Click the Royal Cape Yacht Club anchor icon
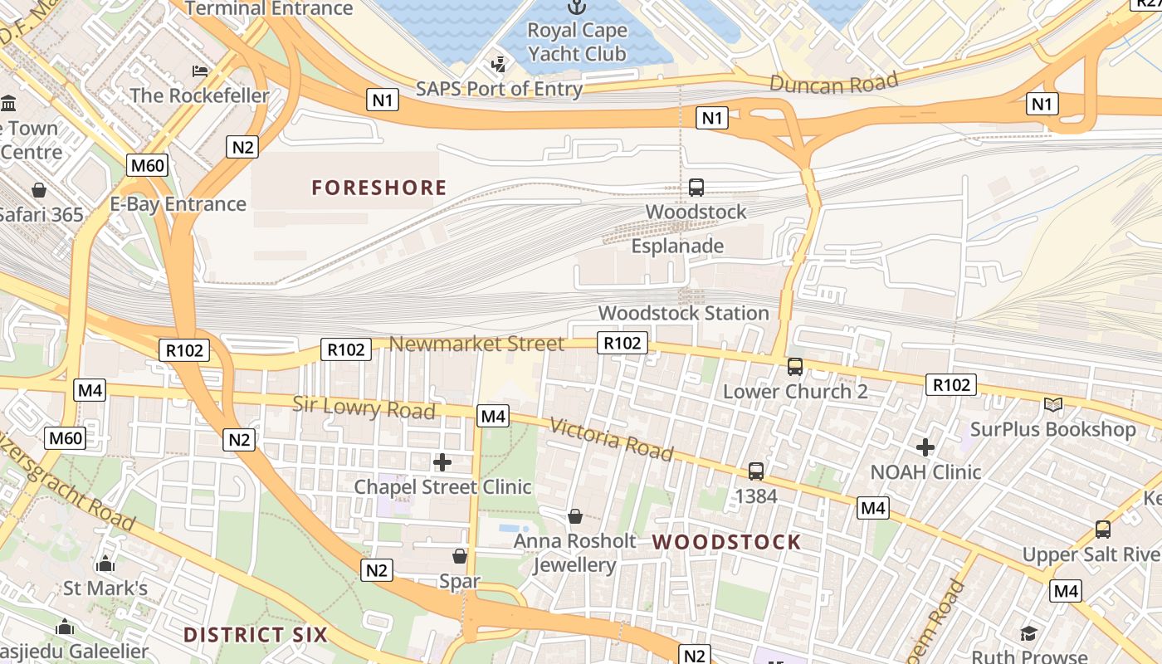click(x=576, y=7)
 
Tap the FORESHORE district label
click(x=379, y=188)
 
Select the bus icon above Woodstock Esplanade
click(x=696, y=188)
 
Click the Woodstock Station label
click(x=684, y=313)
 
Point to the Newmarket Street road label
click(x=476, y=344)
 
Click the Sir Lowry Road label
click(x=364, y=408)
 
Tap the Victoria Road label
click(x=611, y=439)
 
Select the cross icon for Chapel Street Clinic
click(x=442, y=461)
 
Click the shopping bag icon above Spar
click(x=460, y=556)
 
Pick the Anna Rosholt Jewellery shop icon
click(x=574, y=517)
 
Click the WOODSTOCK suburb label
click(x=726, y=542)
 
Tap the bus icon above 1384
click(x=756, y=471)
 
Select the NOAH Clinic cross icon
click(x=925, y=447)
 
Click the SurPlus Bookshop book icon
click(x=1052, y=405)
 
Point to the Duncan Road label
click(x=834, y=82)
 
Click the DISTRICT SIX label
click(x=256, y=635)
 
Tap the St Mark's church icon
click(x=105, y=564)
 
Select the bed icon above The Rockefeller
click(x=199, y=71)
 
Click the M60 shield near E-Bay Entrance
click(x=148, y=165)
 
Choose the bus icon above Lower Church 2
click(x=795, y=366)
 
